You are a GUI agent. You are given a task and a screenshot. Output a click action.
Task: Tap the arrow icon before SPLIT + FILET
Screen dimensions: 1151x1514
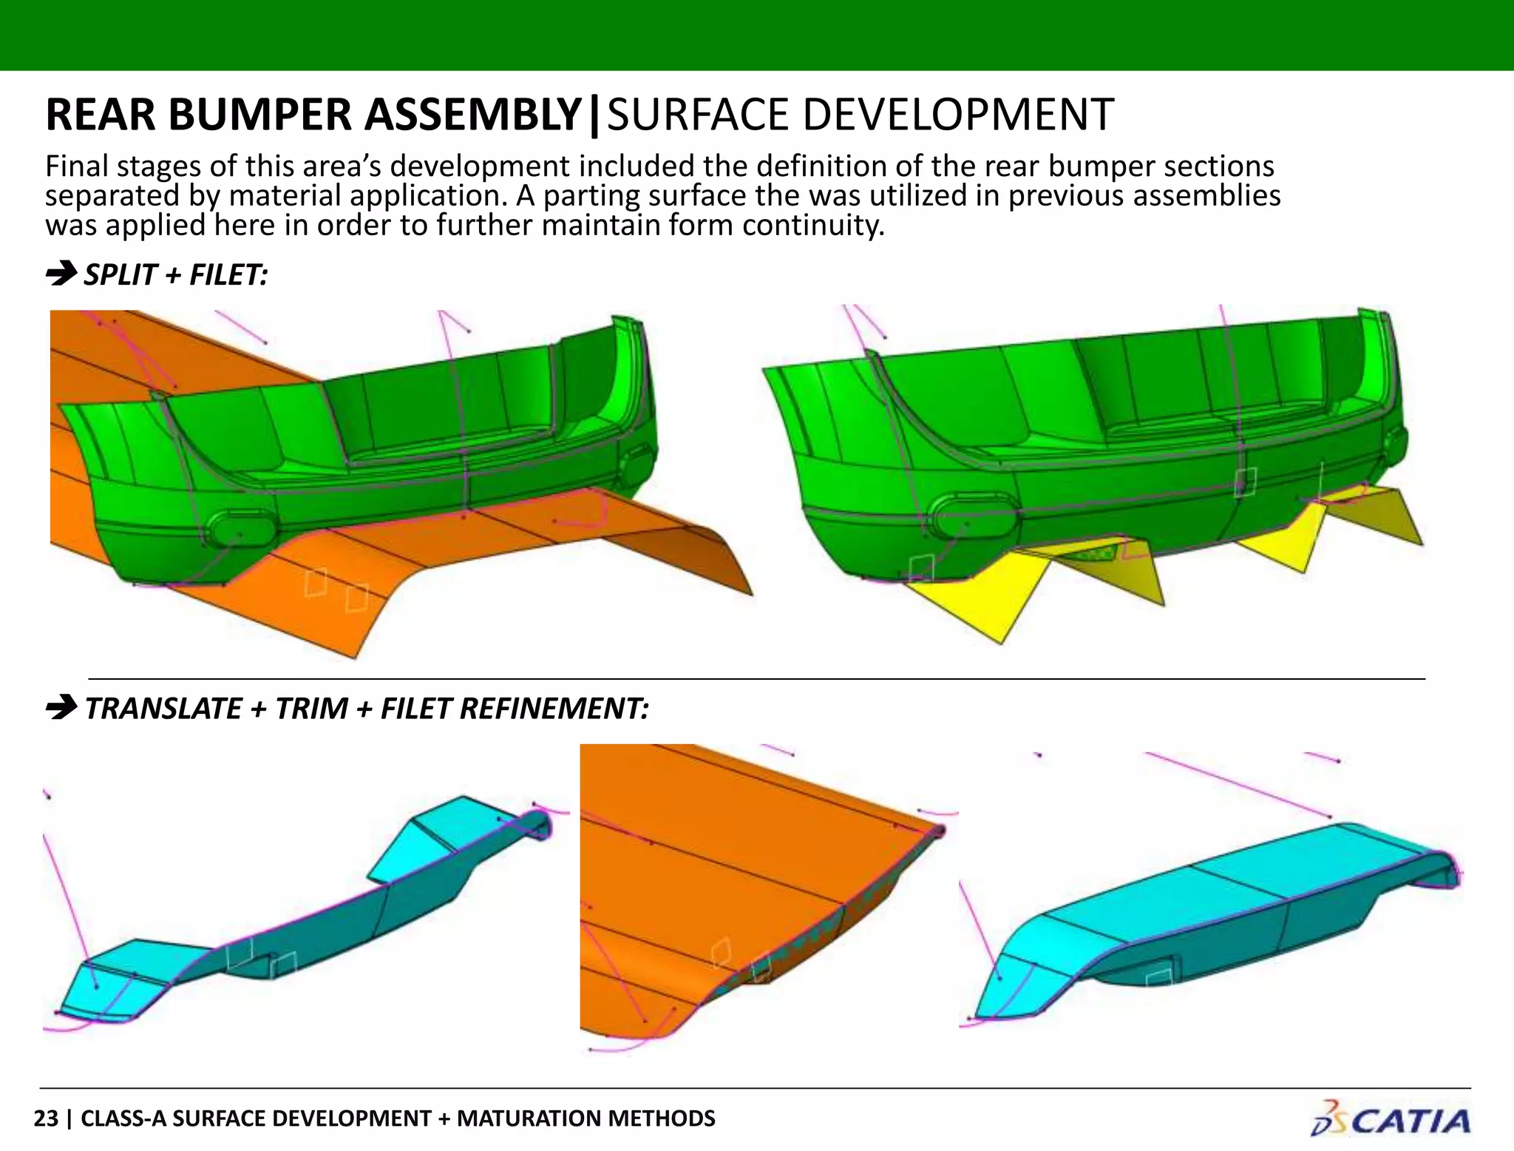pyautogui.click(x=61, y=274)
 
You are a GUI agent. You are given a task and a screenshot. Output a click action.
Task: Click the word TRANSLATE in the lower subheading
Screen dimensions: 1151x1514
pyautogui.click(x=163, y=709)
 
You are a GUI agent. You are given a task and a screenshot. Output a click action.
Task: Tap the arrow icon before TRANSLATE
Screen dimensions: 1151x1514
pyautogui.click(x=61, y=708)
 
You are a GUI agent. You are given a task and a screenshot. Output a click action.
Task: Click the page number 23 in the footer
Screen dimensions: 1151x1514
pyautogui.click(x=46, y=1118)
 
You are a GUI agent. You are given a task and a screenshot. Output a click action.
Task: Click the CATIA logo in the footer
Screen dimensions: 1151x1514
pyautogui.click(x=1391, y=1120)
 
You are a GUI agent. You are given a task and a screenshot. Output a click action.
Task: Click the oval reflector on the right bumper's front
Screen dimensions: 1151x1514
pyautogui.click(x=971, y=516)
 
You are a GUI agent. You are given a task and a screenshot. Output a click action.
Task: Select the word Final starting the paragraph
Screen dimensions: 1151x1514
pyautogui.click(x=76, y=166)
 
